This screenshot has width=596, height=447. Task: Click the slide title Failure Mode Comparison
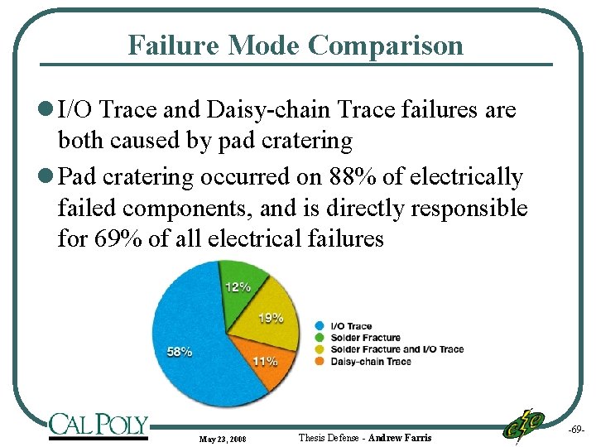coord(296,45)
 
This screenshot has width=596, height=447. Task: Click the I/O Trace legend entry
coord(351,326)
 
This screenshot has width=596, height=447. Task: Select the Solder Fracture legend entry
coord(365,338)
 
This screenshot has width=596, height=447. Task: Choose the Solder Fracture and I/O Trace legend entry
coord(397,349)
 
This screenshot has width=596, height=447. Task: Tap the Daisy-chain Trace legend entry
coord(370,361)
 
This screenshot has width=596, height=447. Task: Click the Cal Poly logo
coord(98,425)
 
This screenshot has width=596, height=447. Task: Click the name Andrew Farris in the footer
coord(401,437)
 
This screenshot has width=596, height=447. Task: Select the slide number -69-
coord(576,431)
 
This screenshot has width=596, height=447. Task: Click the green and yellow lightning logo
coord(523,425)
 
